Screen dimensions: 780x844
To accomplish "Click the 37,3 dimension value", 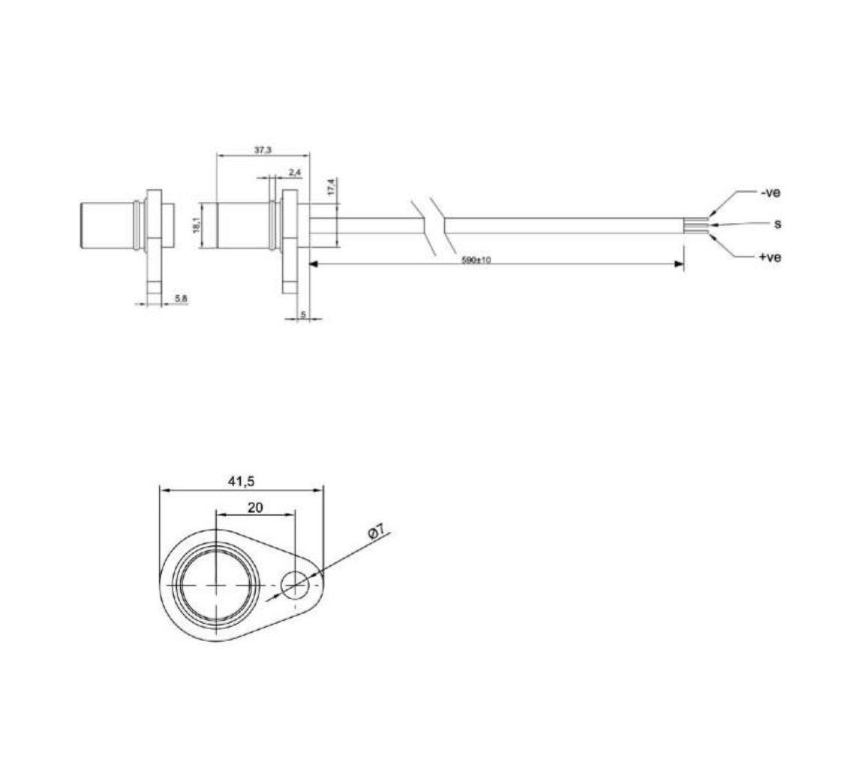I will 262,151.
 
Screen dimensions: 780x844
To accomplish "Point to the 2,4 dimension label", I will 294,173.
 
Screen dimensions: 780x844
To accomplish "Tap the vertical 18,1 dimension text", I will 197,224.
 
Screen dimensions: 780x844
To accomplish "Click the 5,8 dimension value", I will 180,299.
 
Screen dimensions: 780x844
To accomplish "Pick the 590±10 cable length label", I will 476,260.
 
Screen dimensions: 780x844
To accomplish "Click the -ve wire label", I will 770,192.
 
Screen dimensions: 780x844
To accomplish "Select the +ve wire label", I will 770,257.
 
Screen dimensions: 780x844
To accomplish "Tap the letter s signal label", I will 777,224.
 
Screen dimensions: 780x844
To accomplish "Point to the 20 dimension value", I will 254,507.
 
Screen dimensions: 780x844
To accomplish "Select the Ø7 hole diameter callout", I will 377,534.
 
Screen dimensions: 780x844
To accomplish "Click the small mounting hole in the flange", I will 295,583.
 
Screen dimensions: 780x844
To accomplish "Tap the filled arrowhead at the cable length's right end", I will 679,264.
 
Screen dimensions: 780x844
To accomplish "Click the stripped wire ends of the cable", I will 695,224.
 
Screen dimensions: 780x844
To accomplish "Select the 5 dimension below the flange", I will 302,314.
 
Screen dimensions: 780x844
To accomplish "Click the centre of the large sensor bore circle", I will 216,583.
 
